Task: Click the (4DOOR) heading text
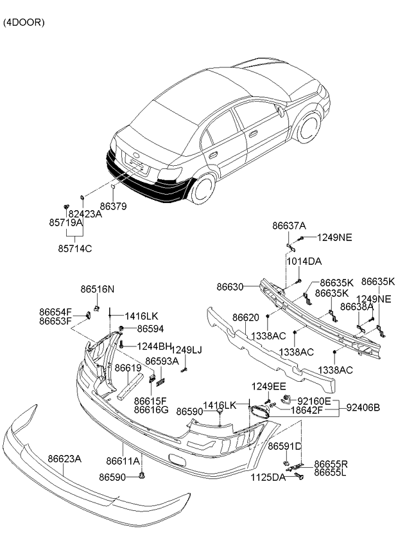[24, 22]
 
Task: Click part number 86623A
[64, 459]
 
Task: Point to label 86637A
[289, 226]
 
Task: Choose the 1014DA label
[304, 261]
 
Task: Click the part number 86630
[229, 287]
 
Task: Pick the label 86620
[246, 317]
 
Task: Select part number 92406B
[363, 407]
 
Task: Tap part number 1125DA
[268, 478]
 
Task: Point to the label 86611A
[121, 461]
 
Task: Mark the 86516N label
[98, 289]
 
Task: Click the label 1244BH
[153, 346]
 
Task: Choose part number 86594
[150, 328]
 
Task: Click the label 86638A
[357, 307]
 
